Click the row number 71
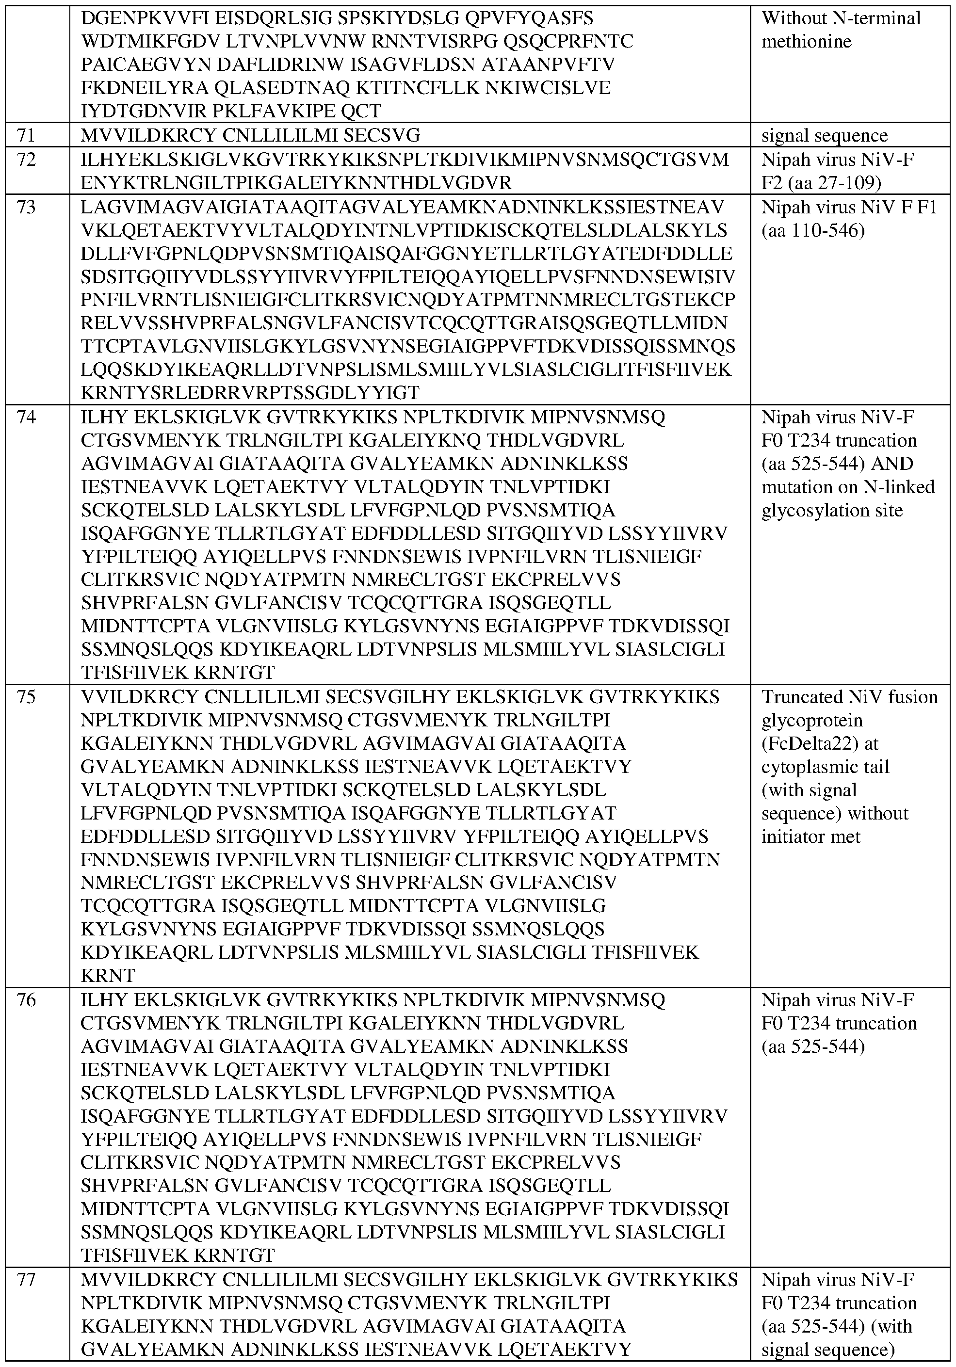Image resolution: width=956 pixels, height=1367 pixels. tap(27, 136)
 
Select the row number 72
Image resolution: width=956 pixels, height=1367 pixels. tap(27, 160)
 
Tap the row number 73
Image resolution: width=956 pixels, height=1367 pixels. tap(27, 207)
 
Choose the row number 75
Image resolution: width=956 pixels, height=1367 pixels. tap(27, 697)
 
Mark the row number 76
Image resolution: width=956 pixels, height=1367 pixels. tap(27, 999)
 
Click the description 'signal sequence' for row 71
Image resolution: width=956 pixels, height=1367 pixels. tap(825, 136)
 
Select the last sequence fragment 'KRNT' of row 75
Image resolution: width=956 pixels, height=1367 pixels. tap(108, 976)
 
